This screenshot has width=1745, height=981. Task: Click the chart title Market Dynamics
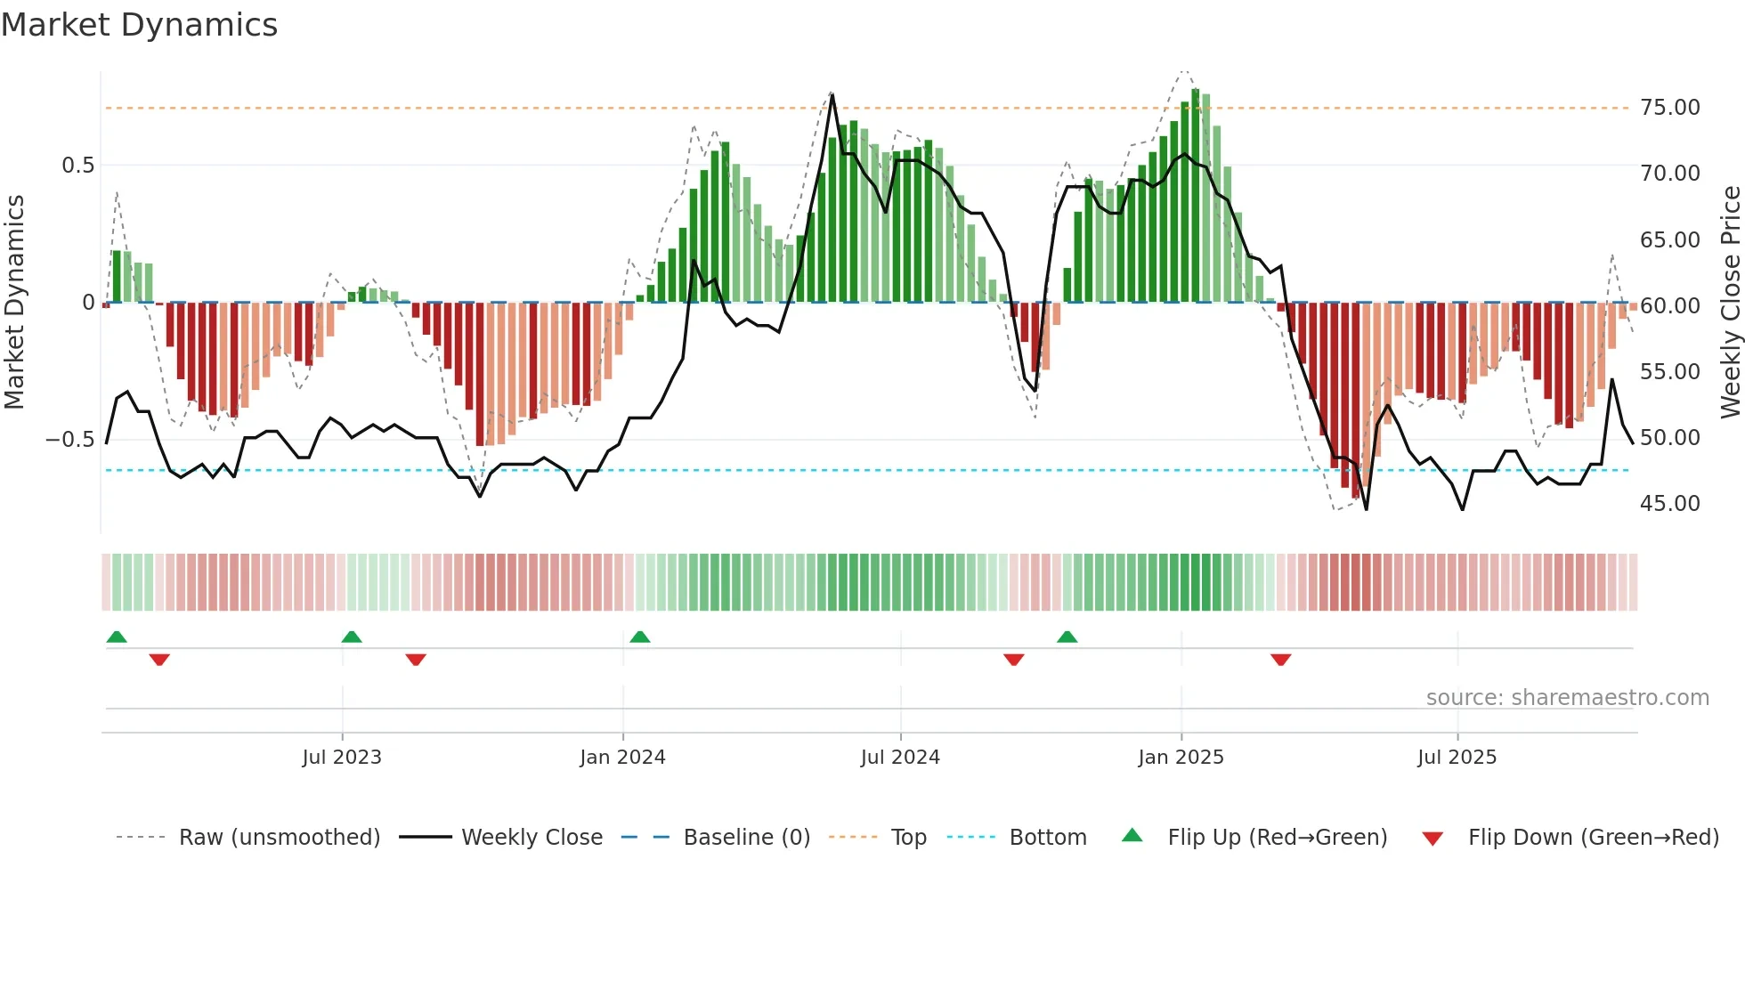[139, 25]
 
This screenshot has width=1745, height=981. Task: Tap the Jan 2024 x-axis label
[622, 758]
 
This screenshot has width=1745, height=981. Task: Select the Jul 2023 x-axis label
[342, 758]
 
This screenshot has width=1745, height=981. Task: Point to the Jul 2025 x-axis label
[1457, 758]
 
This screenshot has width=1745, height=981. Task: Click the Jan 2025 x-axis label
[1181, 758]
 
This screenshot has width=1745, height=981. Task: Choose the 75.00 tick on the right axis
[1669, 108]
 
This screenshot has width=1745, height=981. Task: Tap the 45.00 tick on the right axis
[1669, 504]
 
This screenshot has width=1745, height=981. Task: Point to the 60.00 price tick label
[1669, 306]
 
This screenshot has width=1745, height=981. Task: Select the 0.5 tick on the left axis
[77, 166]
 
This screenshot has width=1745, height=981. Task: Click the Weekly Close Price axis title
[1730, 302]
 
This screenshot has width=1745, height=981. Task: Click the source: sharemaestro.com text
[1567, 698]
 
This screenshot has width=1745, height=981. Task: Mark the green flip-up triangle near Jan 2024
[640, 636]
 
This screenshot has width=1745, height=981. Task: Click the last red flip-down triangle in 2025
[1280, 660]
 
